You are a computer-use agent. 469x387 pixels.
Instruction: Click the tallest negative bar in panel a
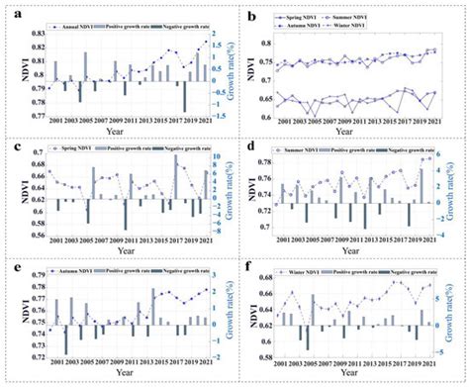(186, 97)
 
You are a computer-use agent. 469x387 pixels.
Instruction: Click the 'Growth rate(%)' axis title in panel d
(461, 194)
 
